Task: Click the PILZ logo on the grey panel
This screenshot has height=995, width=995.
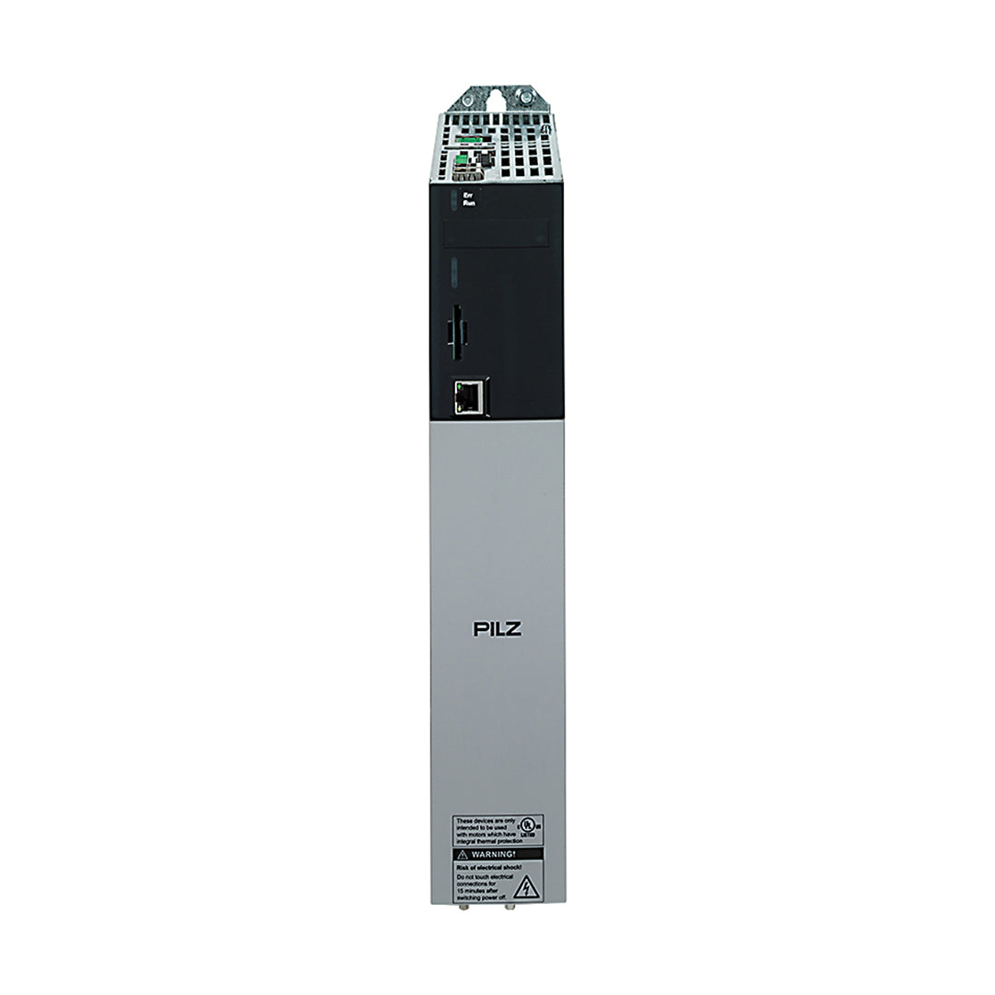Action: (497, 630)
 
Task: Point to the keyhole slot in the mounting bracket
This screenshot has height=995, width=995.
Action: (498, 94)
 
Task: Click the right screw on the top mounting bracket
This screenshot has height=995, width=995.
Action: (525, 95)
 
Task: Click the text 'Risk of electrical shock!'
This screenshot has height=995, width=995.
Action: (488, 868)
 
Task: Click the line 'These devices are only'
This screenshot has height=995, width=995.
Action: (484, 820)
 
